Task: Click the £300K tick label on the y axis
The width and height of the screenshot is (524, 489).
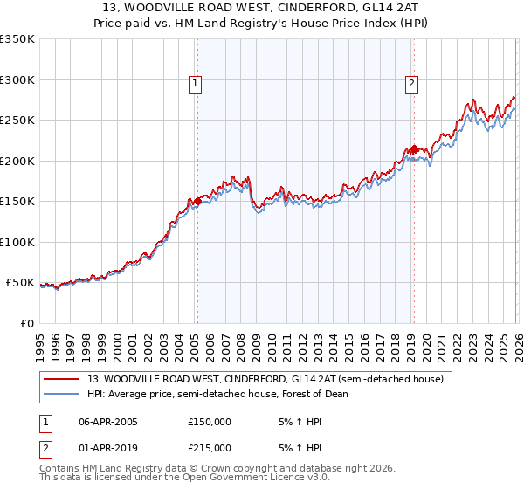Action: click(17, 79)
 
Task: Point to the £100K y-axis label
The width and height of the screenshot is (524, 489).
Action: click(17, 242)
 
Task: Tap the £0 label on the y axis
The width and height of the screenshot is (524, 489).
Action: click(26, 323)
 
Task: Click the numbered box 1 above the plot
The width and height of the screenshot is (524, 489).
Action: click(195, 84)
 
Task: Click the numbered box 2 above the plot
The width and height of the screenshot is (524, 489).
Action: click(411, 84)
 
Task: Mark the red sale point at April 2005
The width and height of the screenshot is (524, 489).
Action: click(197, 202)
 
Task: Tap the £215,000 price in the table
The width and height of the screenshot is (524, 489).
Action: click(210, 448)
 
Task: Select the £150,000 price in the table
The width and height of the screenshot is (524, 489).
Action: click(210, 422)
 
